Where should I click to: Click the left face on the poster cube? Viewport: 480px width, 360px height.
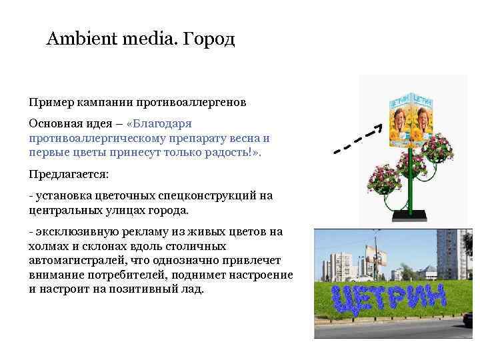[401, 124]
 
